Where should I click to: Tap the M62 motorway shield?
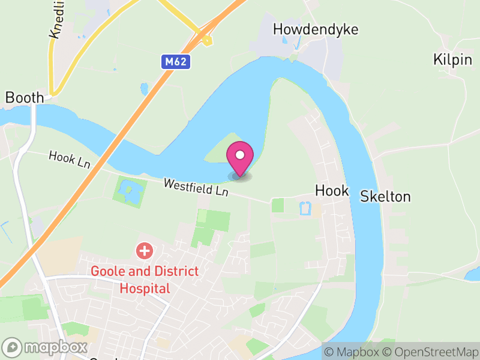[176, 62]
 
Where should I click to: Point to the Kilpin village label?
[452, 59]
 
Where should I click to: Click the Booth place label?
[25, 97]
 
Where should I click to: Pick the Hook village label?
[332, 191]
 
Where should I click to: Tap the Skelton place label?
[385, 196]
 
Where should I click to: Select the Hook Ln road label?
[70, 160]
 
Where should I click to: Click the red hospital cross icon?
[144, 251]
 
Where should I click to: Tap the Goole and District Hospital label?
[145, 280]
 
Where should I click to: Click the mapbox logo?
[46, 347]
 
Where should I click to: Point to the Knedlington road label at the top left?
[56, 21]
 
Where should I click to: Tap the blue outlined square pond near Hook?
[305, 208]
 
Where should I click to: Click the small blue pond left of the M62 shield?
[144, 89]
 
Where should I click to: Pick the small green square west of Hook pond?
[278, 205]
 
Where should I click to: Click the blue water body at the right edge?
[473, 275]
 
